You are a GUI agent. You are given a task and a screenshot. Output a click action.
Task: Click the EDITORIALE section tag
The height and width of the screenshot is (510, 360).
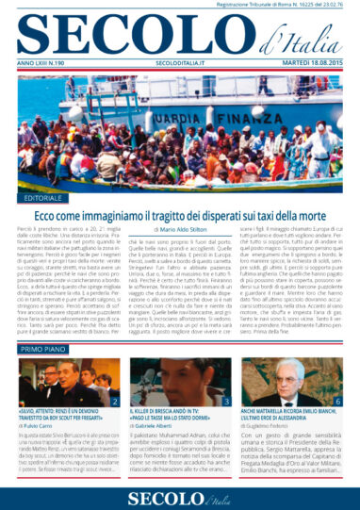41,201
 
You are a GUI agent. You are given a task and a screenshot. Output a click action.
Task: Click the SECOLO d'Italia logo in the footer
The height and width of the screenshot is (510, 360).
179,492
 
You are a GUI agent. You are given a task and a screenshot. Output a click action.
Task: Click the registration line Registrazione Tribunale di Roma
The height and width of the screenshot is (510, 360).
282,6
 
